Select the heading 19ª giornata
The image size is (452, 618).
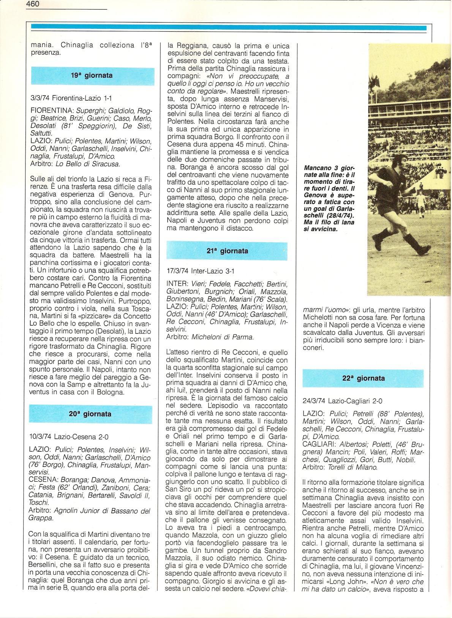pyautogui.click(x=92, y=76)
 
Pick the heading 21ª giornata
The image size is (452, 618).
pyautogui.click(x=228, y=251)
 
